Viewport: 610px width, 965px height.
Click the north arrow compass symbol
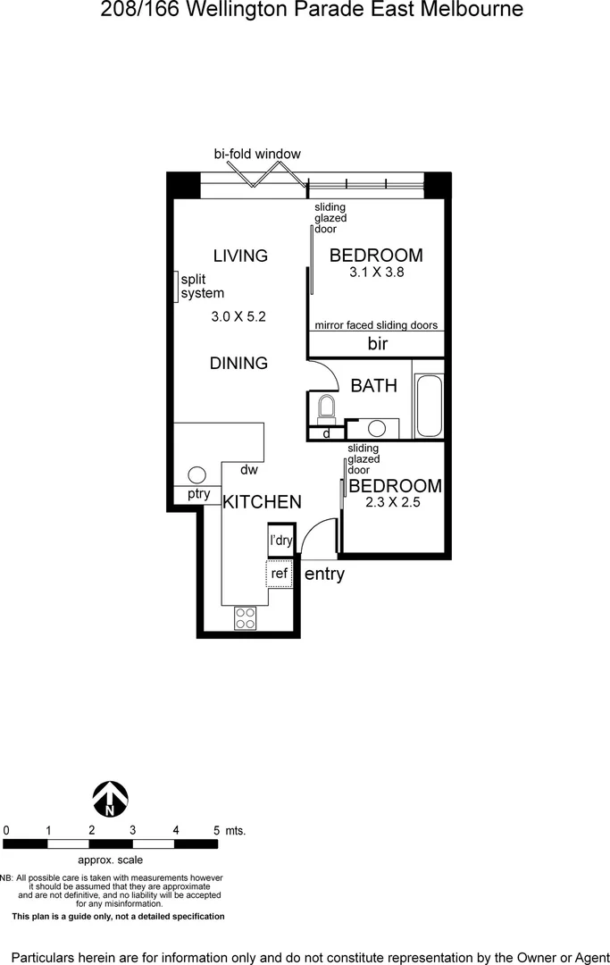[111, 798]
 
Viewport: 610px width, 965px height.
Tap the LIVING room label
[240, 256]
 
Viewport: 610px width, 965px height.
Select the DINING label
[238, 363]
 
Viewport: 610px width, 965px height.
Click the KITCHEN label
[262, 502]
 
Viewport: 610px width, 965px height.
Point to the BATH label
[373, 386]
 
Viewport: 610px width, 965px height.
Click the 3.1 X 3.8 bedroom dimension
[377, 273]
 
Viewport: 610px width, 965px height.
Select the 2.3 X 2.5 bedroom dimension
[393, 503]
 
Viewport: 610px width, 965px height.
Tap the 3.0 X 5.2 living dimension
[239, 316]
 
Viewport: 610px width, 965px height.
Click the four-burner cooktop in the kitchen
[246, 617]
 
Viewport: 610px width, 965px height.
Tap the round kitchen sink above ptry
[197, 475]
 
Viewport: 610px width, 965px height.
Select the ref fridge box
[280, 574]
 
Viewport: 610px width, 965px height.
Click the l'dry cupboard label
[281, 541]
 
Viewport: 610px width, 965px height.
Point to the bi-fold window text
[257, 154]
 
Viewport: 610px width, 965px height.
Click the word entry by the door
[324, 575]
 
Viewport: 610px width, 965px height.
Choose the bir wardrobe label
[377, 344]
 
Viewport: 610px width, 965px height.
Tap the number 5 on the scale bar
[216, 830]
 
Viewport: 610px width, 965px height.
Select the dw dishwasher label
[249, 469]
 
